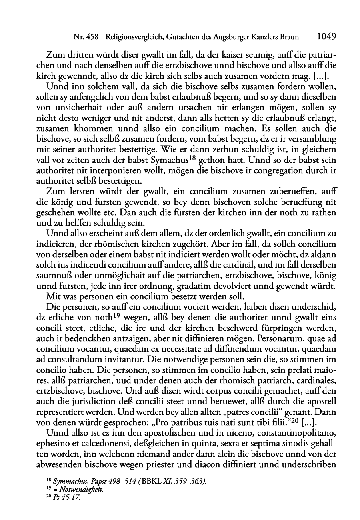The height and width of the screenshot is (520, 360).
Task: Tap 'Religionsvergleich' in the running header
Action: [x=133, y=38]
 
